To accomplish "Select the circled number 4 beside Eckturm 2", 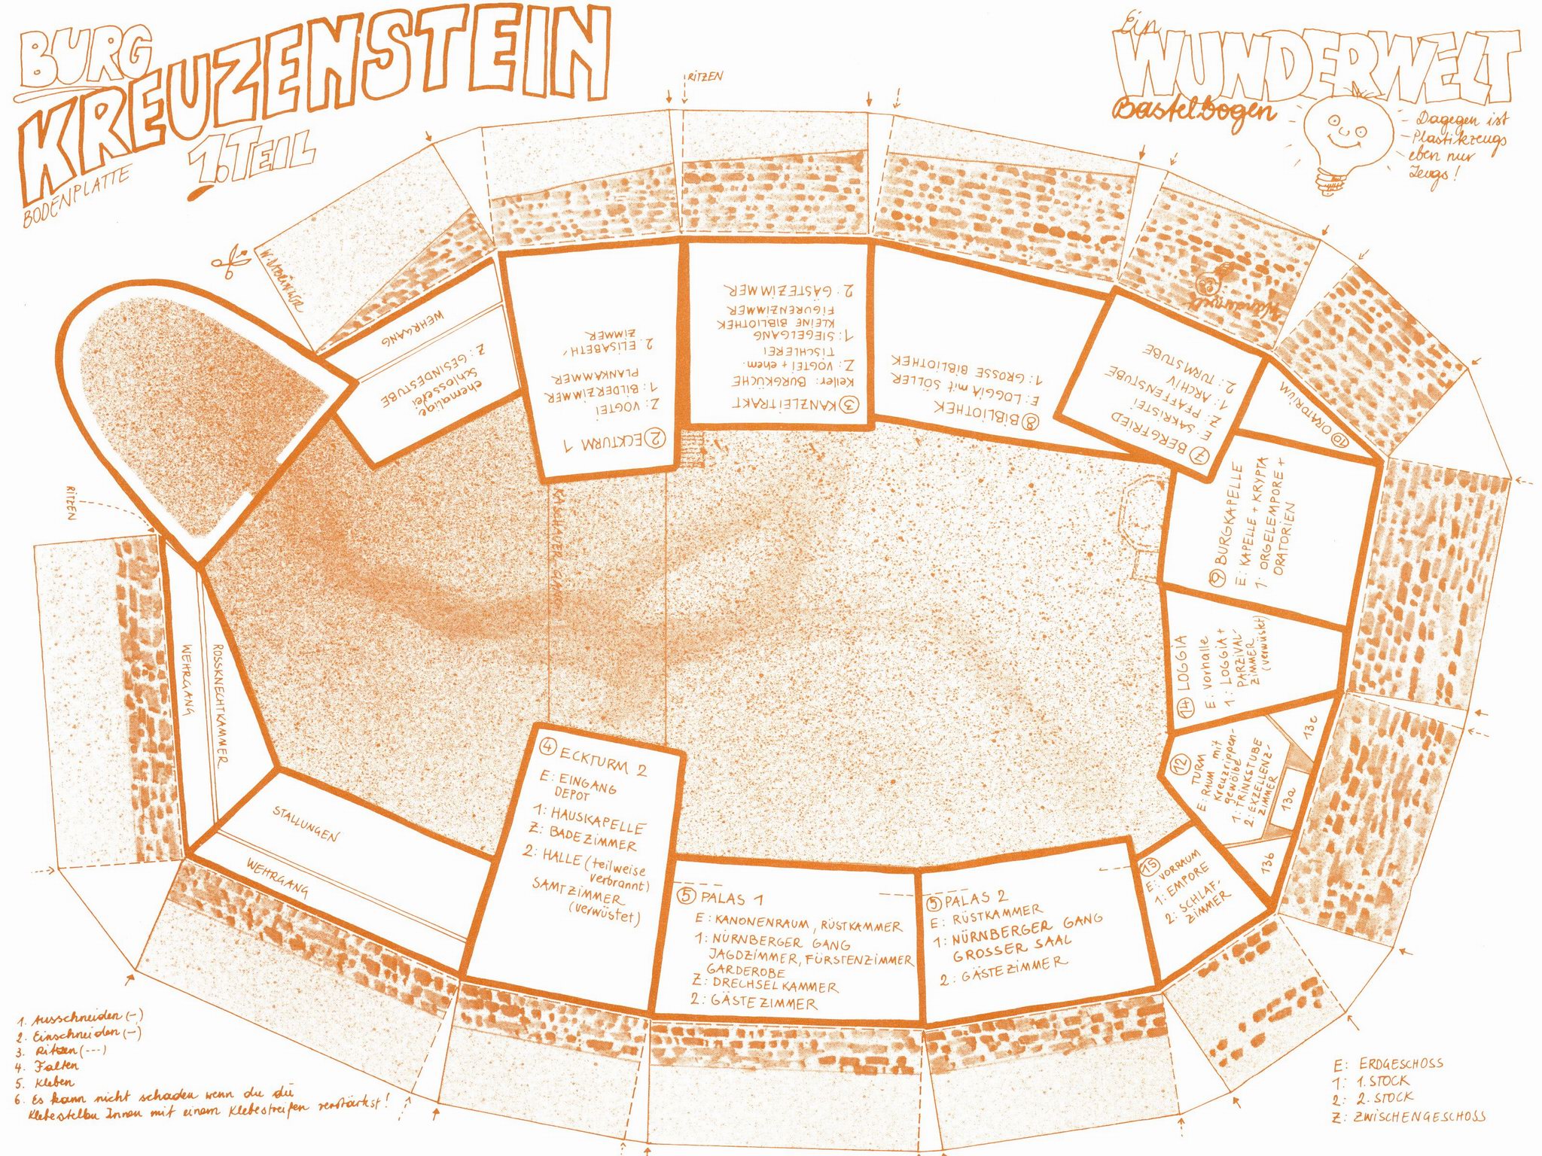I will (548, 747).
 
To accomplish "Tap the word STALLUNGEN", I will (305, 823).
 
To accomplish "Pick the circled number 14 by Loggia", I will (1185, 707).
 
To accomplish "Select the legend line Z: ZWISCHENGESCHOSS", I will (1408, 1116).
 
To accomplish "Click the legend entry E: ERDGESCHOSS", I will (1389, 1064).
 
